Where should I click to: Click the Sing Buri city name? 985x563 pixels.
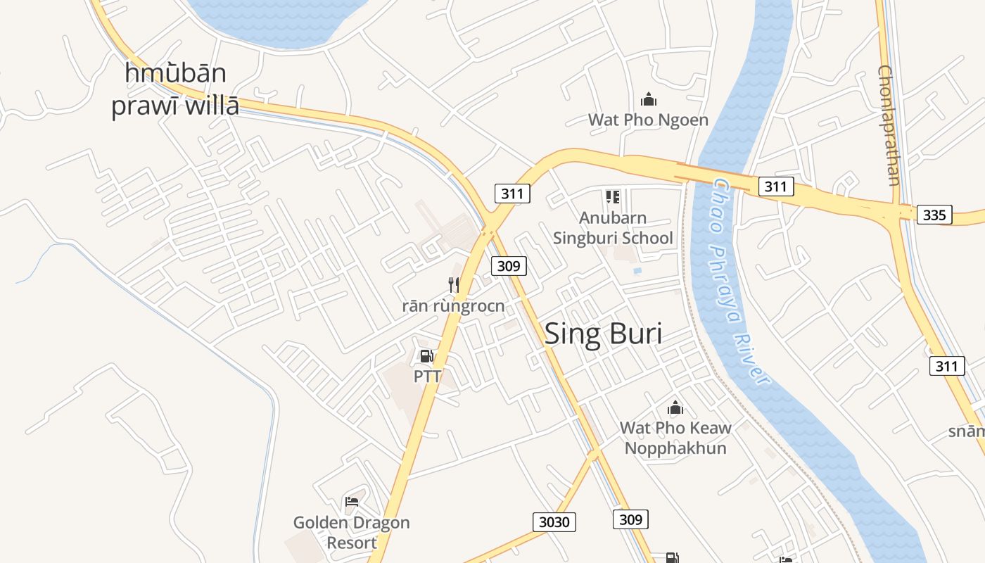click(603, 334)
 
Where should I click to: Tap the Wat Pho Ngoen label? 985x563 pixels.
click(648, 120)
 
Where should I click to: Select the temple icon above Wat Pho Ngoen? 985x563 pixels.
click(649, 100)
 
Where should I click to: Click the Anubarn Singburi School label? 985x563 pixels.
click(613, 228)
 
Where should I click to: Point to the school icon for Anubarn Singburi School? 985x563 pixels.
click(613, 197)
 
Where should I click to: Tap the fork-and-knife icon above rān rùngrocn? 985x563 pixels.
click(454, 284)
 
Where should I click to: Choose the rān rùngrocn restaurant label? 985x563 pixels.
click(454, 306)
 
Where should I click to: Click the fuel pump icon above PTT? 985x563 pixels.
click(426, 356)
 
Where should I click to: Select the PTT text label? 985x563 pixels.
click(427, 377)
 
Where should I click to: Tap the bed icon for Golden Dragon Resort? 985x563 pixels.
click(352, 502)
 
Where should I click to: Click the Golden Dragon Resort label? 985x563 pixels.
click(352, 533)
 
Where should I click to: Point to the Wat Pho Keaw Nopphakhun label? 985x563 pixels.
click(675, 438)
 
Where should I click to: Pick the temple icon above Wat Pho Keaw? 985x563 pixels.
click(675, 407)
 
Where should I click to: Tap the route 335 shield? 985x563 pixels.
click(934, 215)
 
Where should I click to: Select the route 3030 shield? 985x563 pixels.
click(554, 522)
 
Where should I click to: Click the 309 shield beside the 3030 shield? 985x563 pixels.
click(630, 519)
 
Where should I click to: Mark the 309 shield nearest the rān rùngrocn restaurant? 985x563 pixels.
click(509, 265)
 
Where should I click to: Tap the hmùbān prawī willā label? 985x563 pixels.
click(175, 89)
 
